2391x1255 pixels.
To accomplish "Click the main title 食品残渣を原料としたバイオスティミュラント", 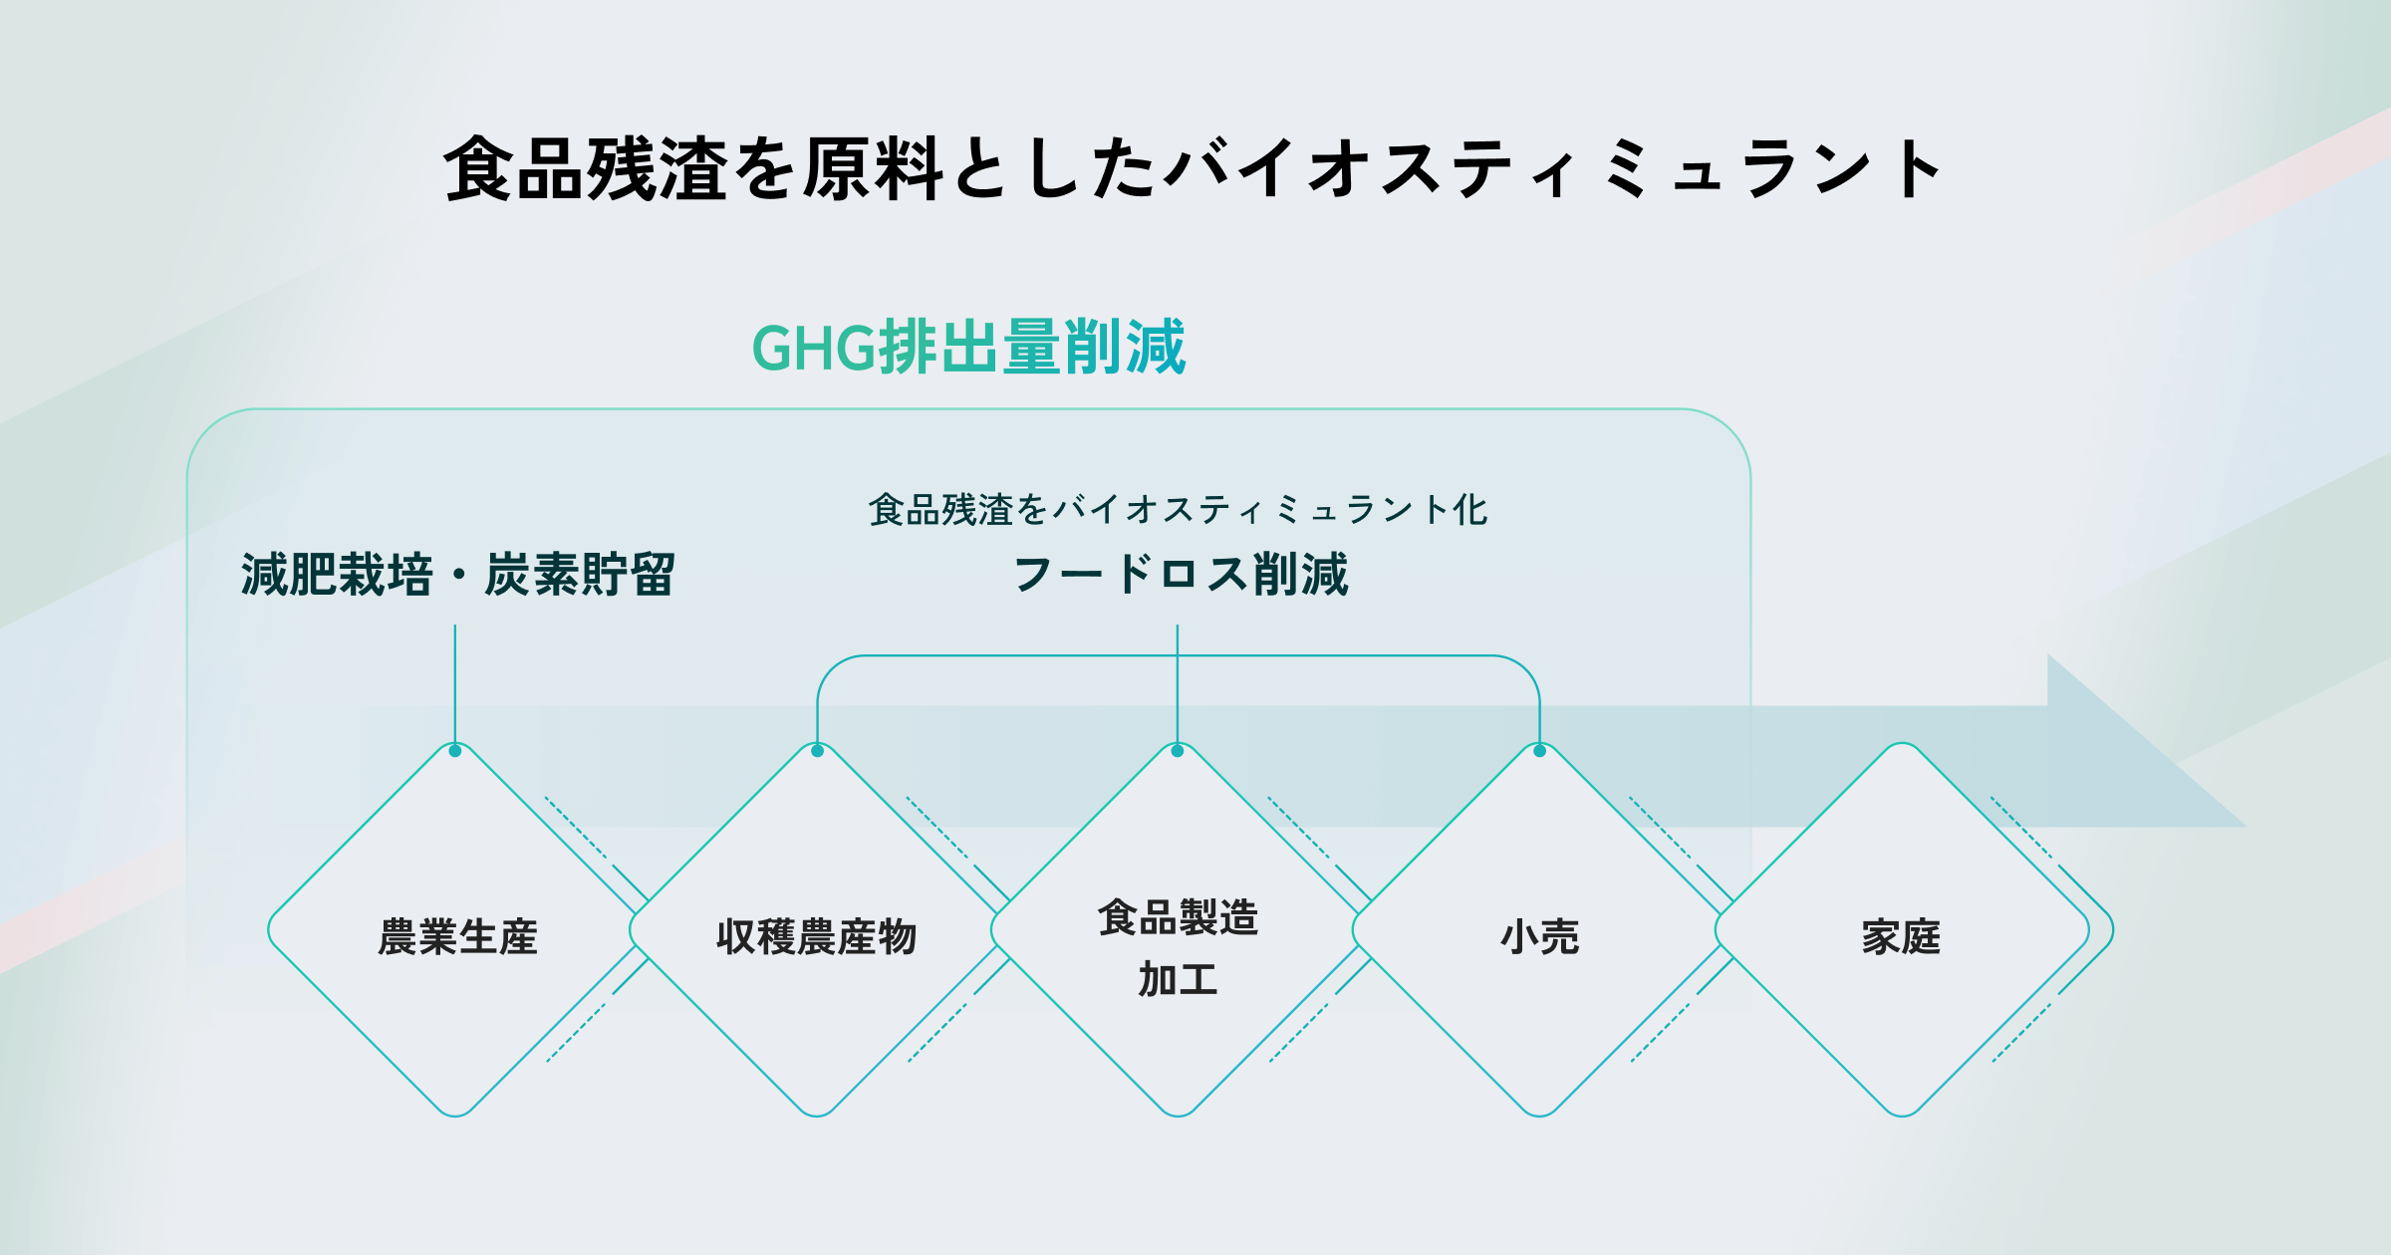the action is tap(1193, 169).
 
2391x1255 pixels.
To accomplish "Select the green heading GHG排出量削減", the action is tap(968, 348).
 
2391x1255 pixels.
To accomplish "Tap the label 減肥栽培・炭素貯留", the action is tap(457, 575).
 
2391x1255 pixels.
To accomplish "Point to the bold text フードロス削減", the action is tap(1180, 575).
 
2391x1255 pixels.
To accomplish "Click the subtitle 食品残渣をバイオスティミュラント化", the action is tap(1178, 510).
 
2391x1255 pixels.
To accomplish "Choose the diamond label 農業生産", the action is tap(457, 937).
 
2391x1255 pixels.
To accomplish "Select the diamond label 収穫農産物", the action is tap(816, 937).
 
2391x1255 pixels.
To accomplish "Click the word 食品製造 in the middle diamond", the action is tap(1178, 917).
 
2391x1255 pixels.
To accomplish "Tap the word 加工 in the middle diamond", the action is tap(1178, 979).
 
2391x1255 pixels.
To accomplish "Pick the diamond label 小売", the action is tap(1539, 937).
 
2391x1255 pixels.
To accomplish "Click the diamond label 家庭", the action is tap(1901, 937).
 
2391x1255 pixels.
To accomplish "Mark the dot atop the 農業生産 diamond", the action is tap(455, 751).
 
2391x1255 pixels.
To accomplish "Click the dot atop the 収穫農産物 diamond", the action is tap(817, 751).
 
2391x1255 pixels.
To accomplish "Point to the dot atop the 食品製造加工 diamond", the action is tap(1178, 751).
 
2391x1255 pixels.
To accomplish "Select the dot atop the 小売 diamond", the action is tap(1539, 751).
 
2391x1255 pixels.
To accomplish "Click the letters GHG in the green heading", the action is tap(813, 349).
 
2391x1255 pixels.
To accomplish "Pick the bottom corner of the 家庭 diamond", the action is tap(1902, 1114).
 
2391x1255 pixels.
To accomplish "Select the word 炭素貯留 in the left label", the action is tap(580, 575).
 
